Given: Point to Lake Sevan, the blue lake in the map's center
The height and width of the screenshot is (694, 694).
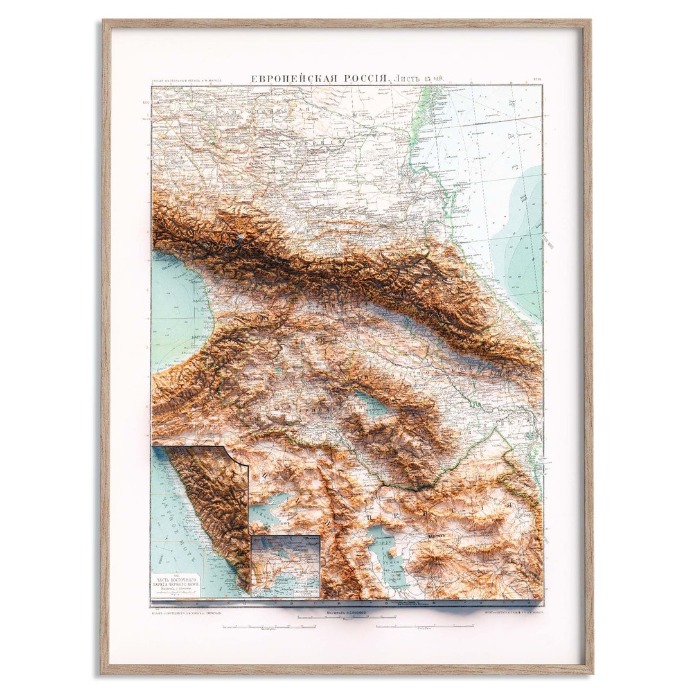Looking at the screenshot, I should point(372,404).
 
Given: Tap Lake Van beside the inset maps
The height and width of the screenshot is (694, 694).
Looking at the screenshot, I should point(270,512).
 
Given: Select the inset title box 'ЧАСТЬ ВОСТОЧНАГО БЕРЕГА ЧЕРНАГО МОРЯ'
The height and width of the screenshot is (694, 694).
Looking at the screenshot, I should point(175,585).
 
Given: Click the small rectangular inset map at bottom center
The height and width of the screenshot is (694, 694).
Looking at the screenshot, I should point(285,566).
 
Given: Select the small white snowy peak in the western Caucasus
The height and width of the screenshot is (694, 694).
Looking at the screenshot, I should point(240,240).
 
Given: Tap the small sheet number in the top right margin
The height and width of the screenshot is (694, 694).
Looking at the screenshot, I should point(537,80).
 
